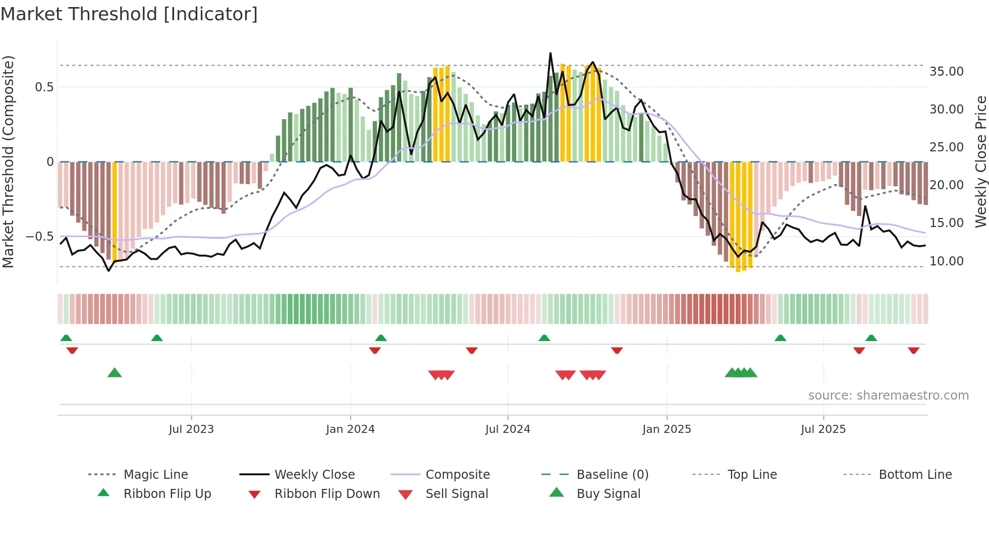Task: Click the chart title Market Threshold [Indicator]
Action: point(129,14)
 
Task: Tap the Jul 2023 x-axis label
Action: point(191,429)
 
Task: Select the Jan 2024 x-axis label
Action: point(350,429)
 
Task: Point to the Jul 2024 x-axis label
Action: point(508,429)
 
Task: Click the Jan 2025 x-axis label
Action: point(667,429)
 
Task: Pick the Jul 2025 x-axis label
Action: point(823,429)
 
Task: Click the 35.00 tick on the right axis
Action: point(947,72)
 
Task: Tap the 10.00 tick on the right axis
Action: point(947,261)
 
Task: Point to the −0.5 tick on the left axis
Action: point(39,237)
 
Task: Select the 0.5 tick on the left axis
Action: point(44,87)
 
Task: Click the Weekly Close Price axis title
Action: point(980,161)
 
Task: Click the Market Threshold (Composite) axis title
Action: point(8,161)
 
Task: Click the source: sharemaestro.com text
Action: point(888,396)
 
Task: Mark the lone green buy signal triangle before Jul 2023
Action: point(115,373)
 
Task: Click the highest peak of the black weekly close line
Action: point(550,53)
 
